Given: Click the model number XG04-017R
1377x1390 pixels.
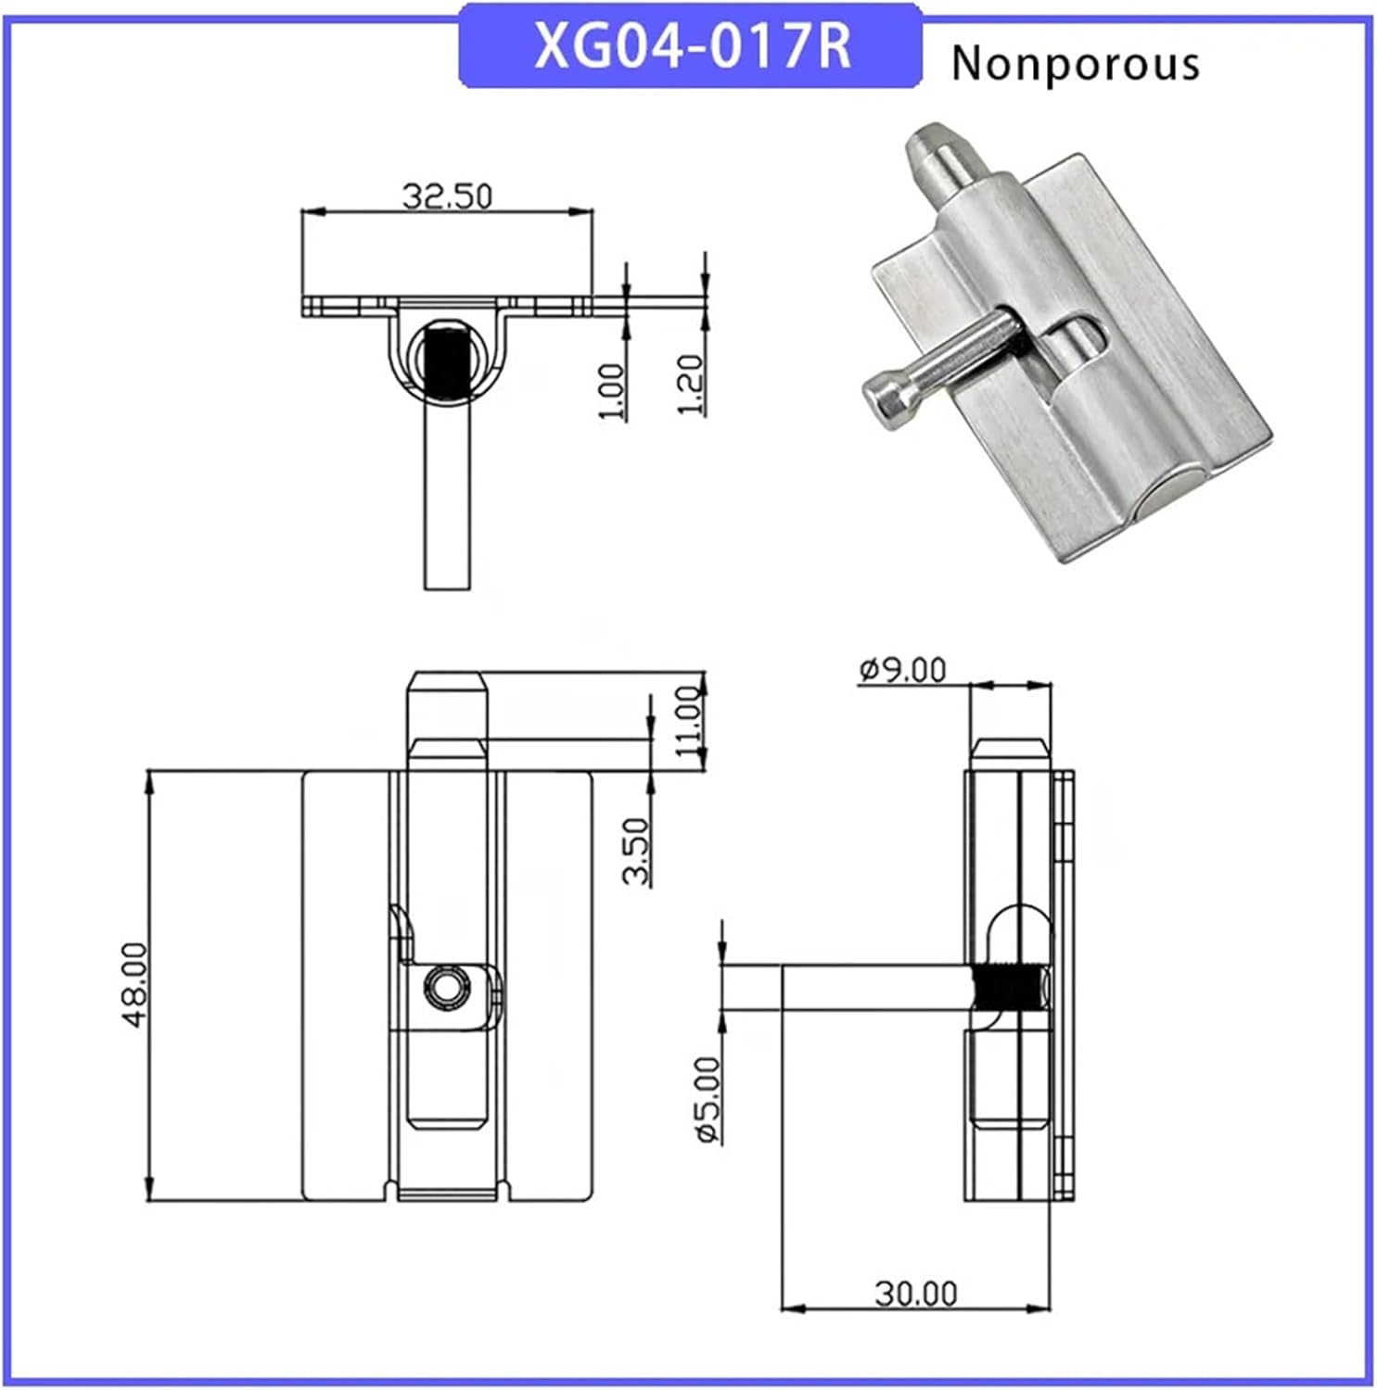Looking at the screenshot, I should pyautogui.click(x=692, y=46).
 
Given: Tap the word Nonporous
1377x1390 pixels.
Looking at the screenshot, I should pyautogui.click(x=1075, y=64).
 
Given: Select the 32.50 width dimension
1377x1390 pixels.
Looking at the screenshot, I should pyautogui.click(x=447, y=196).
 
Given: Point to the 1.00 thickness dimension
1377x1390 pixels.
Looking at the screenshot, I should pyautogui.click(x=612, y=390).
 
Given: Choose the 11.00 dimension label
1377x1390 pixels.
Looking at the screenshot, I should pyautogui.click(x=690, y=721).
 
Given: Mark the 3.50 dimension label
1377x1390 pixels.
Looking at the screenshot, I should pyautogui.click(x=636, y=851).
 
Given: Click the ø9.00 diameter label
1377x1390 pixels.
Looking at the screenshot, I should pyautogui.click(x=902, y=669).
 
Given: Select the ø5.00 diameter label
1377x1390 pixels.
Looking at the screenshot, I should pyautogui.click(x=708, y=1100).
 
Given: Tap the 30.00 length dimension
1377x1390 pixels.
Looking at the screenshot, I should pyautogui.click(x=915, y=1293).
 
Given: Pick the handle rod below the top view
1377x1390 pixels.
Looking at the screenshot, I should pyautogui.click(x=448, y=500).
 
